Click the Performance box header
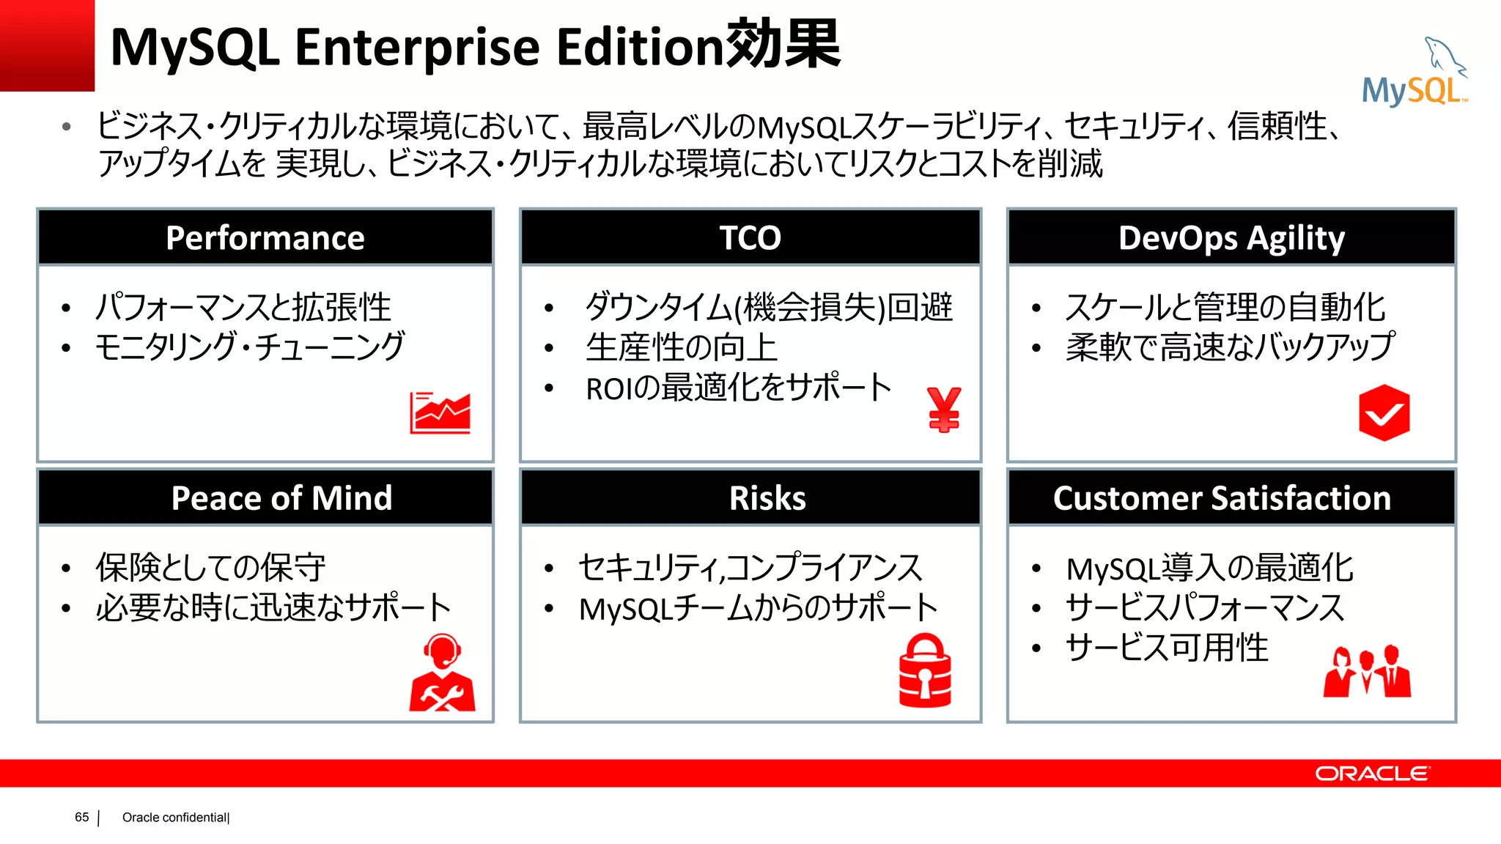pyautogui.click(x=265, y=238)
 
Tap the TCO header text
pyautogui.click(x=750, y=238)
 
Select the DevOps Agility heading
pyautogui.click(x=1231, y=238)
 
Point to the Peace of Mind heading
pyautogui.click(x=281, y=498)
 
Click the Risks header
pyautogui.click(x=767, y=498)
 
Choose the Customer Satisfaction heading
pyautogui.click(x=1222, y=498)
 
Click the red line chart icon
pyautogui.click(x=440, y=412)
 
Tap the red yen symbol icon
pyautogui.click(x=943, y=410)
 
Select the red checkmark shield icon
pyautogui.click(x=1384, y=412)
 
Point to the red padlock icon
pyautogui.click(x=925, y=670)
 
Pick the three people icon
pyautogui.click(x=1367, y=671)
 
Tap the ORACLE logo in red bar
pyautogui.click(x=1371, y=774)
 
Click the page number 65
pyautogui.click(x=81, y=817)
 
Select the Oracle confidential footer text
pyautogui.click(x=176, y=818)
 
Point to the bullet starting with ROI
pyautogui.click(x=738, y=388)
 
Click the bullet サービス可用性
pyautogui.click(x=1167, y=648)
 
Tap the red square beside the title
pyautogui.click(x=47, y=45)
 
